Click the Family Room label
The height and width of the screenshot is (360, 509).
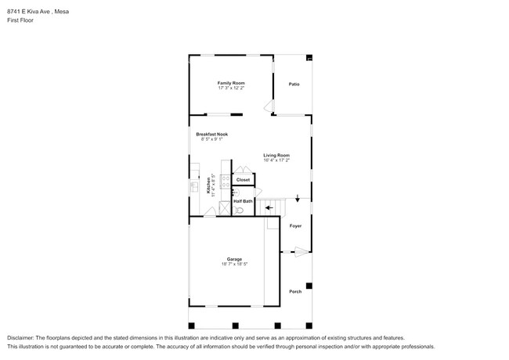pos(231,82)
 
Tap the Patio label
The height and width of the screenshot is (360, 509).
pos(294,85)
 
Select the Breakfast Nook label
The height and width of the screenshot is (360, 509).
pos(211,134)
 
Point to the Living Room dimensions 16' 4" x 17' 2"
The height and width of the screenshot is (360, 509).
pos(276,160)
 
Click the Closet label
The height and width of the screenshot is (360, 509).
pos(244,180)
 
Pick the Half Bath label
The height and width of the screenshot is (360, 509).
pos(243,201)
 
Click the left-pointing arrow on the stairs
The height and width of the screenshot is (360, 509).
pos(270,207)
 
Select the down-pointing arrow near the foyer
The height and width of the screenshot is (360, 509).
pos(298,199)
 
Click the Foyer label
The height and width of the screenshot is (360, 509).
pos(295,226)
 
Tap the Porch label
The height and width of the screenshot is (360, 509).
pos(295,291)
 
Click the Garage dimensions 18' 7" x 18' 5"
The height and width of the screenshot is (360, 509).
pos(234,265)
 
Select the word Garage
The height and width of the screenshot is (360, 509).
pos(234,259)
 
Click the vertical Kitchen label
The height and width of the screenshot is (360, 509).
pos(209,185)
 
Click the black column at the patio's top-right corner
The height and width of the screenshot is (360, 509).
pos(309,57)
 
